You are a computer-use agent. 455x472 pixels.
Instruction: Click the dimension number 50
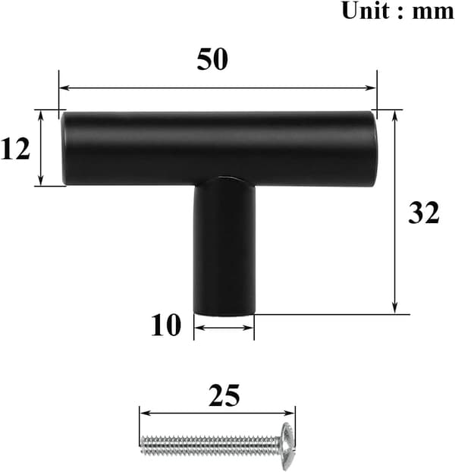point(212,59)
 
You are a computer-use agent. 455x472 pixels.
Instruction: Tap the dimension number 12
point(15,149)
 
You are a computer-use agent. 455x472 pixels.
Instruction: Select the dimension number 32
point(423,212)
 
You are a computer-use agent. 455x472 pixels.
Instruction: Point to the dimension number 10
point(166,325)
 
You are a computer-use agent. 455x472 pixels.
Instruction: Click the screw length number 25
point(224,395)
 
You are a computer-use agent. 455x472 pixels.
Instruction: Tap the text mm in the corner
point(433,13)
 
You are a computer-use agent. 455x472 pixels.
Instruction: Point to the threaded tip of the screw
point(143,445)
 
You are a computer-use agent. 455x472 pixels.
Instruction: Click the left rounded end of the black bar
point(64,149)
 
